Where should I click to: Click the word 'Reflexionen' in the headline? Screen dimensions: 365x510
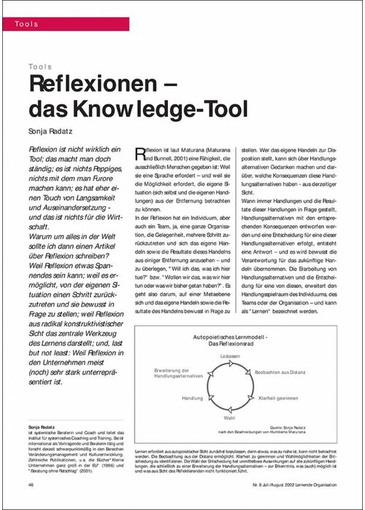86,84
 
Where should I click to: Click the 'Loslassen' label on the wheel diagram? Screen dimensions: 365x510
230,356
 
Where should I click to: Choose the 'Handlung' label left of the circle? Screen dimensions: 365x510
193,399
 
